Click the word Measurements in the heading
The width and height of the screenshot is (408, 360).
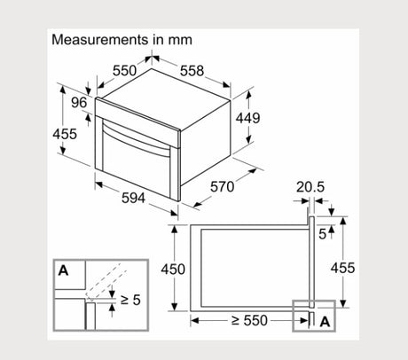100,40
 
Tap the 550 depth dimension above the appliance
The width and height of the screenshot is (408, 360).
125,71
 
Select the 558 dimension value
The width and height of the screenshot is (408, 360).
192,71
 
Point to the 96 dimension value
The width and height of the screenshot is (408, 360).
79,103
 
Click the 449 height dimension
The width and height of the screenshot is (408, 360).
247,118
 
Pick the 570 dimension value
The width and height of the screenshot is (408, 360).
222,187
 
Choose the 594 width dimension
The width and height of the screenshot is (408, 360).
134,198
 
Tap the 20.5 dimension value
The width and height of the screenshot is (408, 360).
310,187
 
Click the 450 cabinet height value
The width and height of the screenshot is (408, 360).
173,270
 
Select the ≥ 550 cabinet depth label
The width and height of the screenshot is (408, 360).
249,320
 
